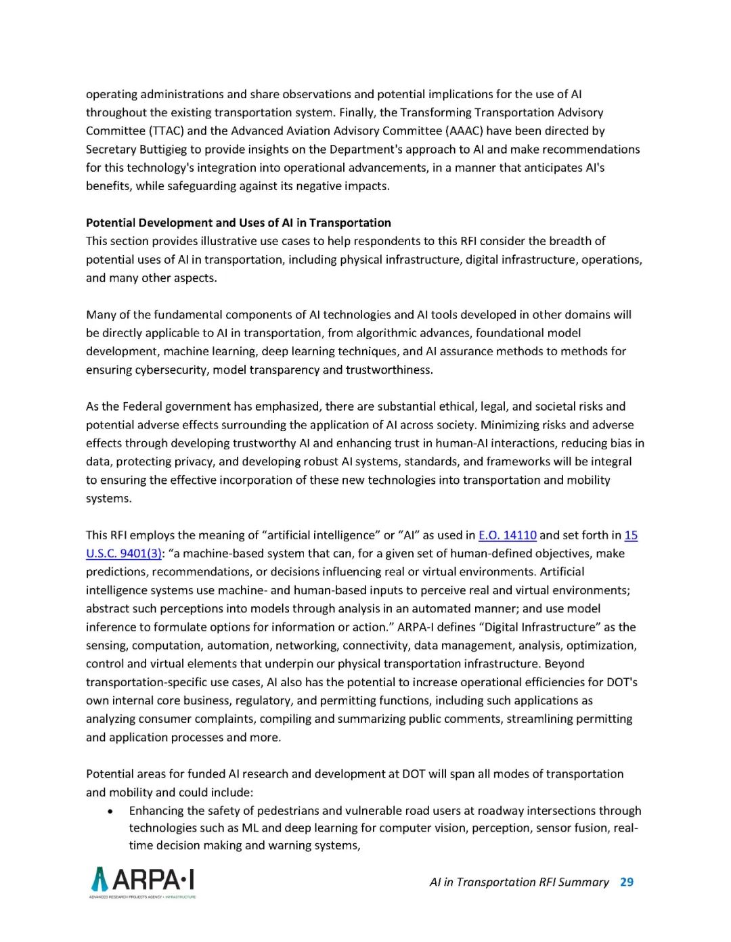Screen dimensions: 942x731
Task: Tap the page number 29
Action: [627, 882]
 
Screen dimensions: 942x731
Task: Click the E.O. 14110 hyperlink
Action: [507, 535]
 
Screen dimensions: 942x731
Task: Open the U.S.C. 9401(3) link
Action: [123, 554]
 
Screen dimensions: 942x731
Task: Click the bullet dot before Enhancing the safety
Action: [110, 811]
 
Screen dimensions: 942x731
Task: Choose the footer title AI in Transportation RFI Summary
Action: [518, 882]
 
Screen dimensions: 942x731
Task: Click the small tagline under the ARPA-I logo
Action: [143, 897]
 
